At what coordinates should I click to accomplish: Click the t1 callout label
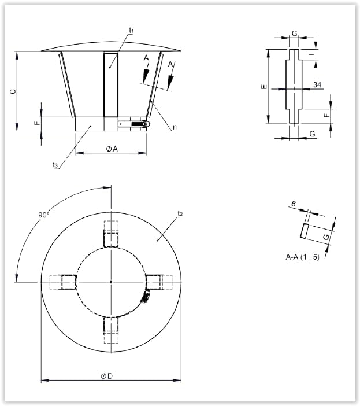pyautogui.click(x=131, y=31)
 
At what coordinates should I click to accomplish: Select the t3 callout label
pyautogui.click(x=55, y=165)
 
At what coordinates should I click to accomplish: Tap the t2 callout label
pyautogui.click(x=180, y=213)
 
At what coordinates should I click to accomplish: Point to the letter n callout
pyautogui.click(x=175, y=127)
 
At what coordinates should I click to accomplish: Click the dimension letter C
pyautogui.click(x=13, y=91)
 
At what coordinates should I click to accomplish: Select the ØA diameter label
pyautogui.click(x=112, y=149)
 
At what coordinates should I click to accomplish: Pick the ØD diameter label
pyautogui.click(x=106, y=376)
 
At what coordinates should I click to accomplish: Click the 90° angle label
pyautogui.click(x=44, y=215)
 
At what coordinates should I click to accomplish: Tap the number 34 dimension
pyautogui.click(x=317, y=84)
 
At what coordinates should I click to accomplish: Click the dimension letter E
pyautogui.click(x=264, y=87)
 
